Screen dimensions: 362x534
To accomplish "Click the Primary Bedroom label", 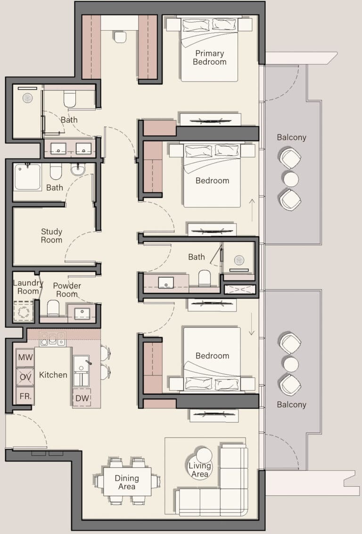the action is point(210,58).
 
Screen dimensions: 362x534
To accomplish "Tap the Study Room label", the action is point(52,236).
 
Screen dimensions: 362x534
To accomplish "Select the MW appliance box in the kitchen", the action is point(25,358).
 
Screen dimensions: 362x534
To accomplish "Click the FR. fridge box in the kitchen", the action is point(25,396).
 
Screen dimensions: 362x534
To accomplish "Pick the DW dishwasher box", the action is point(82,398).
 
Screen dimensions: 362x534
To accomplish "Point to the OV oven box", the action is point(25,376).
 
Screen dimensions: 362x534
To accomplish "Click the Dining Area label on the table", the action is point(127,482).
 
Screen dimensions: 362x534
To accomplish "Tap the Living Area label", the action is point(200,470).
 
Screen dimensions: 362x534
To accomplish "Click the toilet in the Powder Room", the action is point(53,308).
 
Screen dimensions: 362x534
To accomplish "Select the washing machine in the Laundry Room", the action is point(24,311).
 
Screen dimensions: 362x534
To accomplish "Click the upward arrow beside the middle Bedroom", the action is point(252,210).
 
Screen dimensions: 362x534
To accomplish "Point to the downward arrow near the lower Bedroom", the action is point(252,324).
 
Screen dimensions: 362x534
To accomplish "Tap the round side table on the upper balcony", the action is point(291,179).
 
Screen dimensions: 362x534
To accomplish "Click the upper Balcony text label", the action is point(292,137).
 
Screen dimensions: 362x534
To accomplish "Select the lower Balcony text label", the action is point(292,405).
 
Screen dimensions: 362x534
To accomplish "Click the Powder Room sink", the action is point(82,313).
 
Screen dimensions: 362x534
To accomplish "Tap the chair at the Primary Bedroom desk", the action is point(120,37).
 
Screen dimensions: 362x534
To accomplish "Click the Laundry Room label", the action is point(28,287).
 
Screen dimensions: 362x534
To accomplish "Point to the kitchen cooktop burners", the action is point(52,339).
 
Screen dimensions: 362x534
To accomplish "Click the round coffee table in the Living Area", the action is point(204,455).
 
